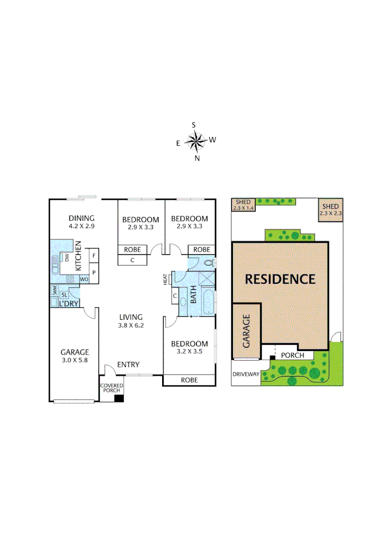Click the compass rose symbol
click(x=195, y=140)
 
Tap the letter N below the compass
click(x=197, y=158)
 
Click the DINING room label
click(x=82, y=218)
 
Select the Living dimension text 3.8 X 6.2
click(x=131, y=325)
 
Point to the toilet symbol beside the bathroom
click(x=208, y=263)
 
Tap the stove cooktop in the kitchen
click(x=70, y=279)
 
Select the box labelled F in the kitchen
click(x=94, y=255)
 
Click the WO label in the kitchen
click(x=84, y=279)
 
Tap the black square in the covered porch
click(x=119, y=398)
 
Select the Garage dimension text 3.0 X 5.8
click(x=75, y=360)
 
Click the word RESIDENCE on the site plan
click(x=280, y=279)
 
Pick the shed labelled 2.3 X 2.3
click(x=330, y=210)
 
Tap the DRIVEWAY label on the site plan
click(x=246, y=374)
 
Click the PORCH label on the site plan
click(x=293, y=355)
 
